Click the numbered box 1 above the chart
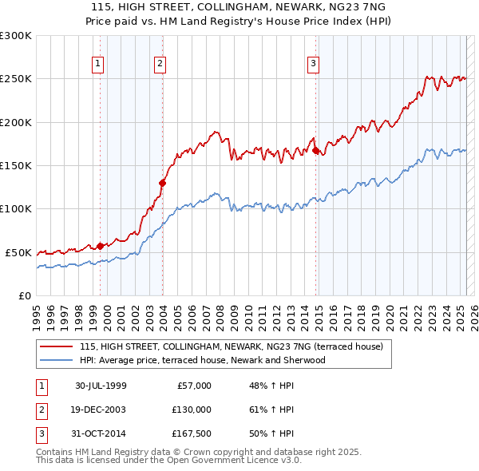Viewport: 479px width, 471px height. [x=97, y=64]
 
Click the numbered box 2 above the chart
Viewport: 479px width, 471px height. [x=160, y=64]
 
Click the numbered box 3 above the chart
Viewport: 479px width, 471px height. [x=314, y=64]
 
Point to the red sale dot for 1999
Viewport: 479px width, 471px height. [x=101, y=246]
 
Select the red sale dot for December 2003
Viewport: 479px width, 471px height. [x=162, y=183]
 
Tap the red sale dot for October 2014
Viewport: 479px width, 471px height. [x=316, y=150]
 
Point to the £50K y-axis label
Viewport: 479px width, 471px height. [x=18, y=252]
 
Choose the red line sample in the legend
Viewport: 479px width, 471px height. [x=57, y=346]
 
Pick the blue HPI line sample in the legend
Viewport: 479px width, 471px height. [x=57, y=360]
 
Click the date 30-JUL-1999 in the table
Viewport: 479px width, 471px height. [x=101, y=386]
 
